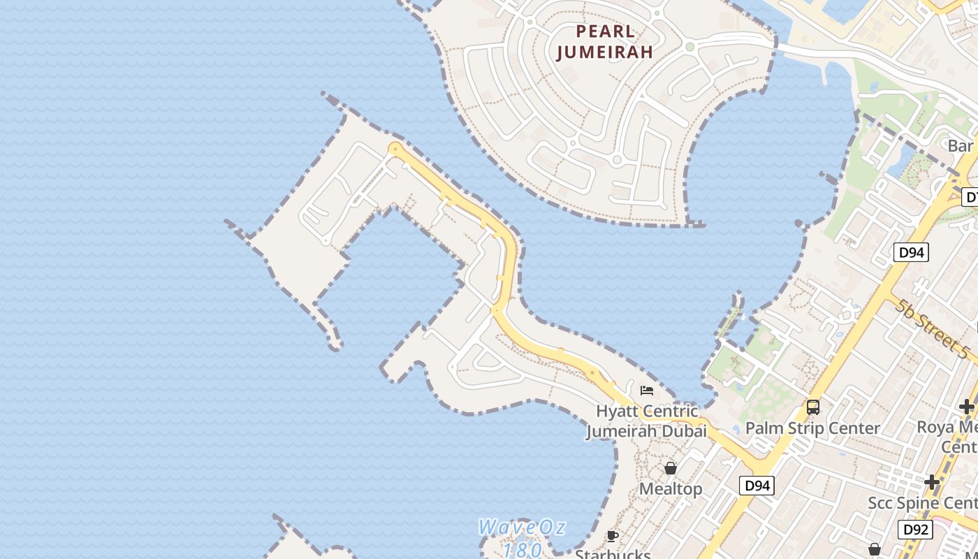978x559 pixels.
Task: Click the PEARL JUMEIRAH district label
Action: tap(605, 41)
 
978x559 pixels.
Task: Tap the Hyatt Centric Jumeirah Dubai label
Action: tap(646, 421)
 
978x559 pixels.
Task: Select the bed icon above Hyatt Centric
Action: tap(647, 390)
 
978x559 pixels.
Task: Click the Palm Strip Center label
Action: tap(812, 428)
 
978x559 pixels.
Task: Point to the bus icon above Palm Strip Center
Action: tap(812, 407)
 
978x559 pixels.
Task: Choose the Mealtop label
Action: tap(671, 488)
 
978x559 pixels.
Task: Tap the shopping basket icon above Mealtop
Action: tap(671, 467)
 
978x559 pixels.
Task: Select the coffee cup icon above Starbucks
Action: tap(613, 536)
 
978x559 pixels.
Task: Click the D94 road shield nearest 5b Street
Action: tap(911, 252)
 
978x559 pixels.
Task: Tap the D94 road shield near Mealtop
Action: tap(757, 485)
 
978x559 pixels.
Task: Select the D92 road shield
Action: tap(914, 530)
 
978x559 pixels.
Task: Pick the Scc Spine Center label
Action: tap(922, 502)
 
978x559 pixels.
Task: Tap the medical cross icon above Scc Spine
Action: tap(931, 481)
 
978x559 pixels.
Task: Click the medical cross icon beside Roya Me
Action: tap(966, 406)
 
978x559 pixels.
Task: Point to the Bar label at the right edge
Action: tap(961, 146)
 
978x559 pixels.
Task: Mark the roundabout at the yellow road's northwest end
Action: tap(395, 148)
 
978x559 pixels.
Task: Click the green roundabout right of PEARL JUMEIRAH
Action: tap(689, 47)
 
